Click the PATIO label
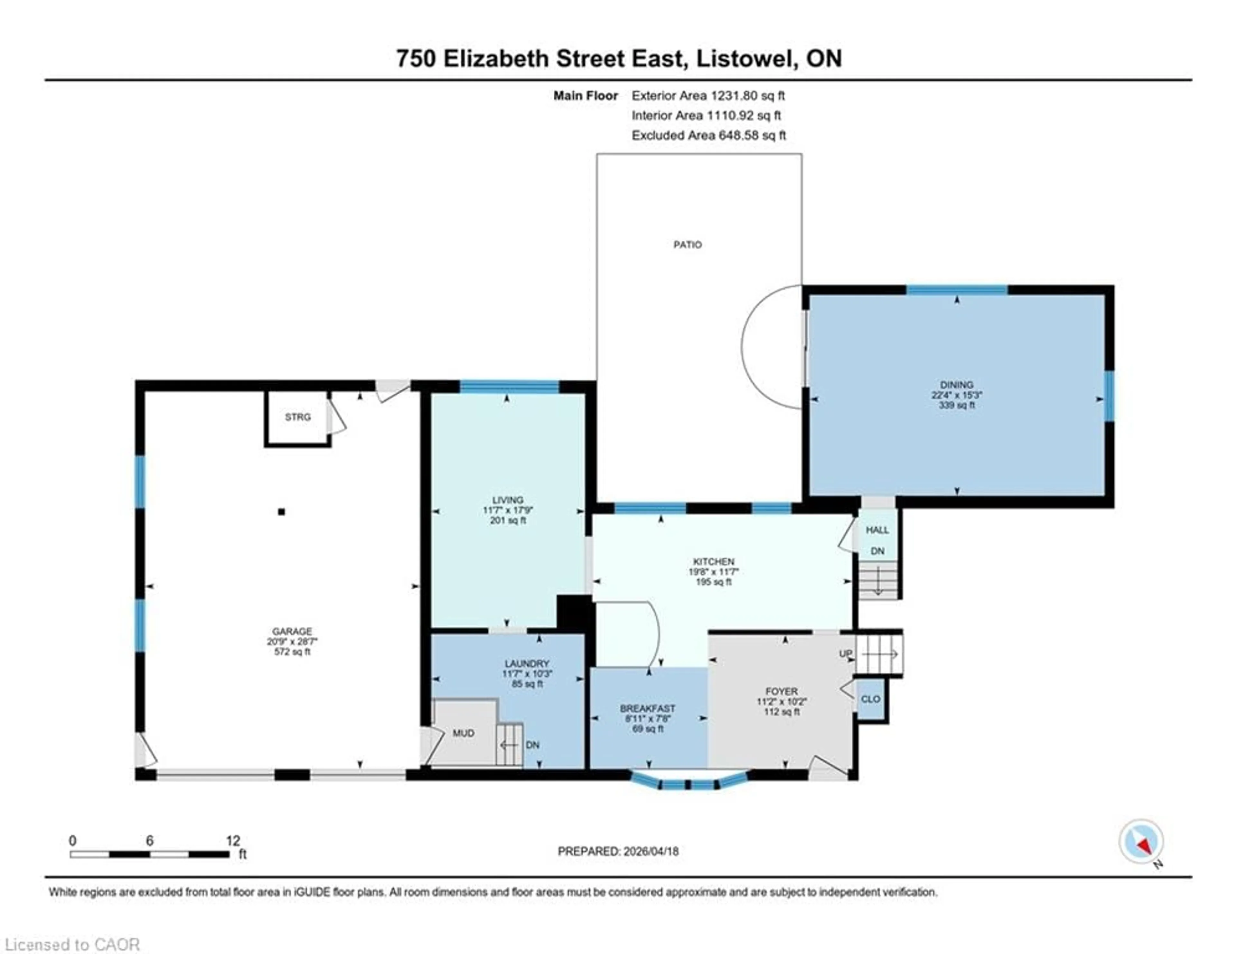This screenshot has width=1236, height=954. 687,244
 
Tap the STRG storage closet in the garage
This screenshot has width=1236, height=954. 298,417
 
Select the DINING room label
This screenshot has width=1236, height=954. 956,384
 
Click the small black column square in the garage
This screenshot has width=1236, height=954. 281,511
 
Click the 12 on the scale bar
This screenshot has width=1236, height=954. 233,841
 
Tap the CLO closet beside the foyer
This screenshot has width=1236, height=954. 870,699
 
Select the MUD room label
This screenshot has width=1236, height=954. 463,733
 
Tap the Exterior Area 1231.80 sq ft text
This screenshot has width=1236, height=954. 708,96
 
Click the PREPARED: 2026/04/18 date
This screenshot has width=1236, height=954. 618,851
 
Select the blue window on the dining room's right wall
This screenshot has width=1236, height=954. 1109,396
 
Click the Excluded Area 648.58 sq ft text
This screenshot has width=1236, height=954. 708,135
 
